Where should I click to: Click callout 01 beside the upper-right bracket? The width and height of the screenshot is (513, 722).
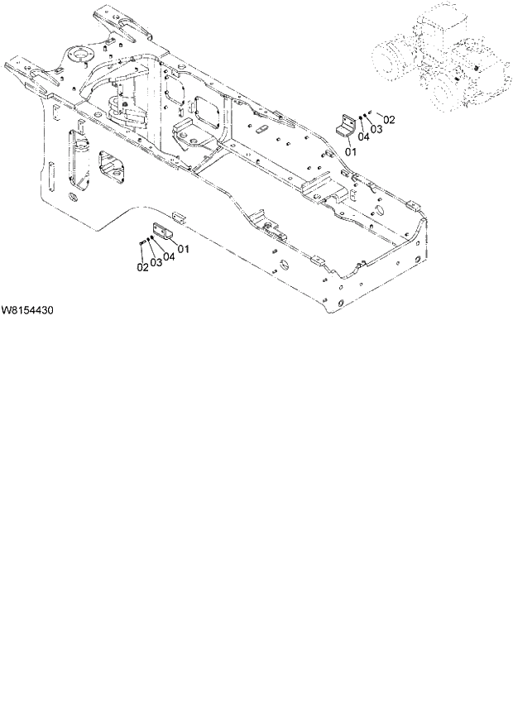[x=350, y=151]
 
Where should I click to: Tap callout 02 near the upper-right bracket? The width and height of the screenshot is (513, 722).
[x=389, y=120]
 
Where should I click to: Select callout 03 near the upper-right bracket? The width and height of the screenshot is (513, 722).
[x=376, y=129]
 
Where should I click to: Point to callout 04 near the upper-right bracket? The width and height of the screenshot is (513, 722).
[x=364, y=138]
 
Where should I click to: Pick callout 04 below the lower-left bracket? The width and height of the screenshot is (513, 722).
[x=169, y=256]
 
